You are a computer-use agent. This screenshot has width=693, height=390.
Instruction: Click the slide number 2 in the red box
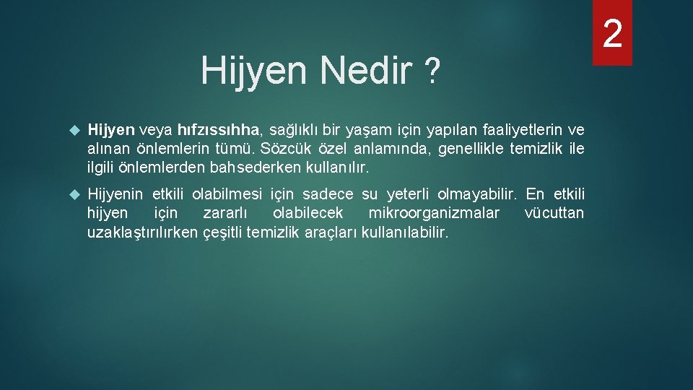pos(612,33)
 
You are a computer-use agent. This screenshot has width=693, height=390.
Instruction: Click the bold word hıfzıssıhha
pos(224,130)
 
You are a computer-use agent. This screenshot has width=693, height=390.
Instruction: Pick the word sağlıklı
pos(295,130)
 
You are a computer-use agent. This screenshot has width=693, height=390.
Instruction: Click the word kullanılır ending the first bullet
pos(339,168)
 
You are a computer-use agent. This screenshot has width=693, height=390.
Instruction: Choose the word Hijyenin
pos(115,194)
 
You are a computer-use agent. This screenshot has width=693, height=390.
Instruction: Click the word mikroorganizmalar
pos(434,214)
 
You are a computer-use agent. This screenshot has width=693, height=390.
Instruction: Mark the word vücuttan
pos(554,214)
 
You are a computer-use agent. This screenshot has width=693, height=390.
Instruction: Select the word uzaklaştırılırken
pos(142,233)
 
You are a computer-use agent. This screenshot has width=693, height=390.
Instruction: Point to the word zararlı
pos(224,214)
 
